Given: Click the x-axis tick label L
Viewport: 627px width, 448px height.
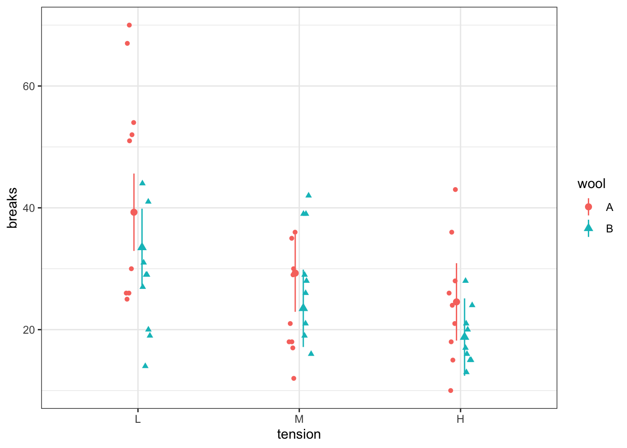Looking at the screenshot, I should pyautogui.click(x=138, y=419).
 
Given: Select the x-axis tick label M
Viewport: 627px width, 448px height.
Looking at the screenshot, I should pyautogui.click(x=299, y=419).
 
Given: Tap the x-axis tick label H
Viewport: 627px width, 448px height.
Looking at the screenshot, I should pyautogui.click(x=460, y=419).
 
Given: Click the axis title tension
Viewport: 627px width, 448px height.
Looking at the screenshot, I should pyautogui.click(x=299, y=434).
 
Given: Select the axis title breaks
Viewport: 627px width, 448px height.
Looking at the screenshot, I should pyautogui.click(x=13, y=208).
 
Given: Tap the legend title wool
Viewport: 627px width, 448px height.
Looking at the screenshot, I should pyautogui.click(x=591, y=184).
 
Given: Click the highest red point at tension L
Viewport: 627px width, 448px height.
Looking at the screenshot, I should pyautogui.click(x=129, y=25).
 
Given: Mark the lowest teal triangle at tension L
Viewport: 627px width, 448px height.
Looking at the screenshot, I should pyautogui.click(x=145, y=365).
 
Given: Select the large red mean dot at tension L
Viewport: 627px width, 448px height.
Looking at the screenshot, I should pyautogui.click(x=134, y=212).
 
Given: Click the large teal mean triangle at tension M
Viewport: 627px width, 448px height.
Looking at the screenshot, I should pyautogui.click(x=303, y=307).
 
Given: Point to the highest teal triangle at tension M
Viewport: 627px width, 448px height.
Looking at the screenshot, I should pyautogui.click(x=308, y=195).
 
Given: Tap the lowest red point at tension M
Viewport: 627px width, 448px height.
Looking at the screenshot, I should pyautogui.click(x=293, y=378).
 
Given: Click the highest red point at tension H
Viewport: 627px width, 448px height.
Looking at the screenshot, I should pyautogui.click(x=455, y=189).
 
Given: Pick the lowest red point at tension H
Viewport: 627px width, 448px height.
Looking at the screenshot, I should pyautogui.click(x=451, y=391).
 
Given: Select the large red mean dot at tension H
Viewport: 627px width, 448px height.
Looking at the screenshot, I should pyautogui.click(x=456, y=302).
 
